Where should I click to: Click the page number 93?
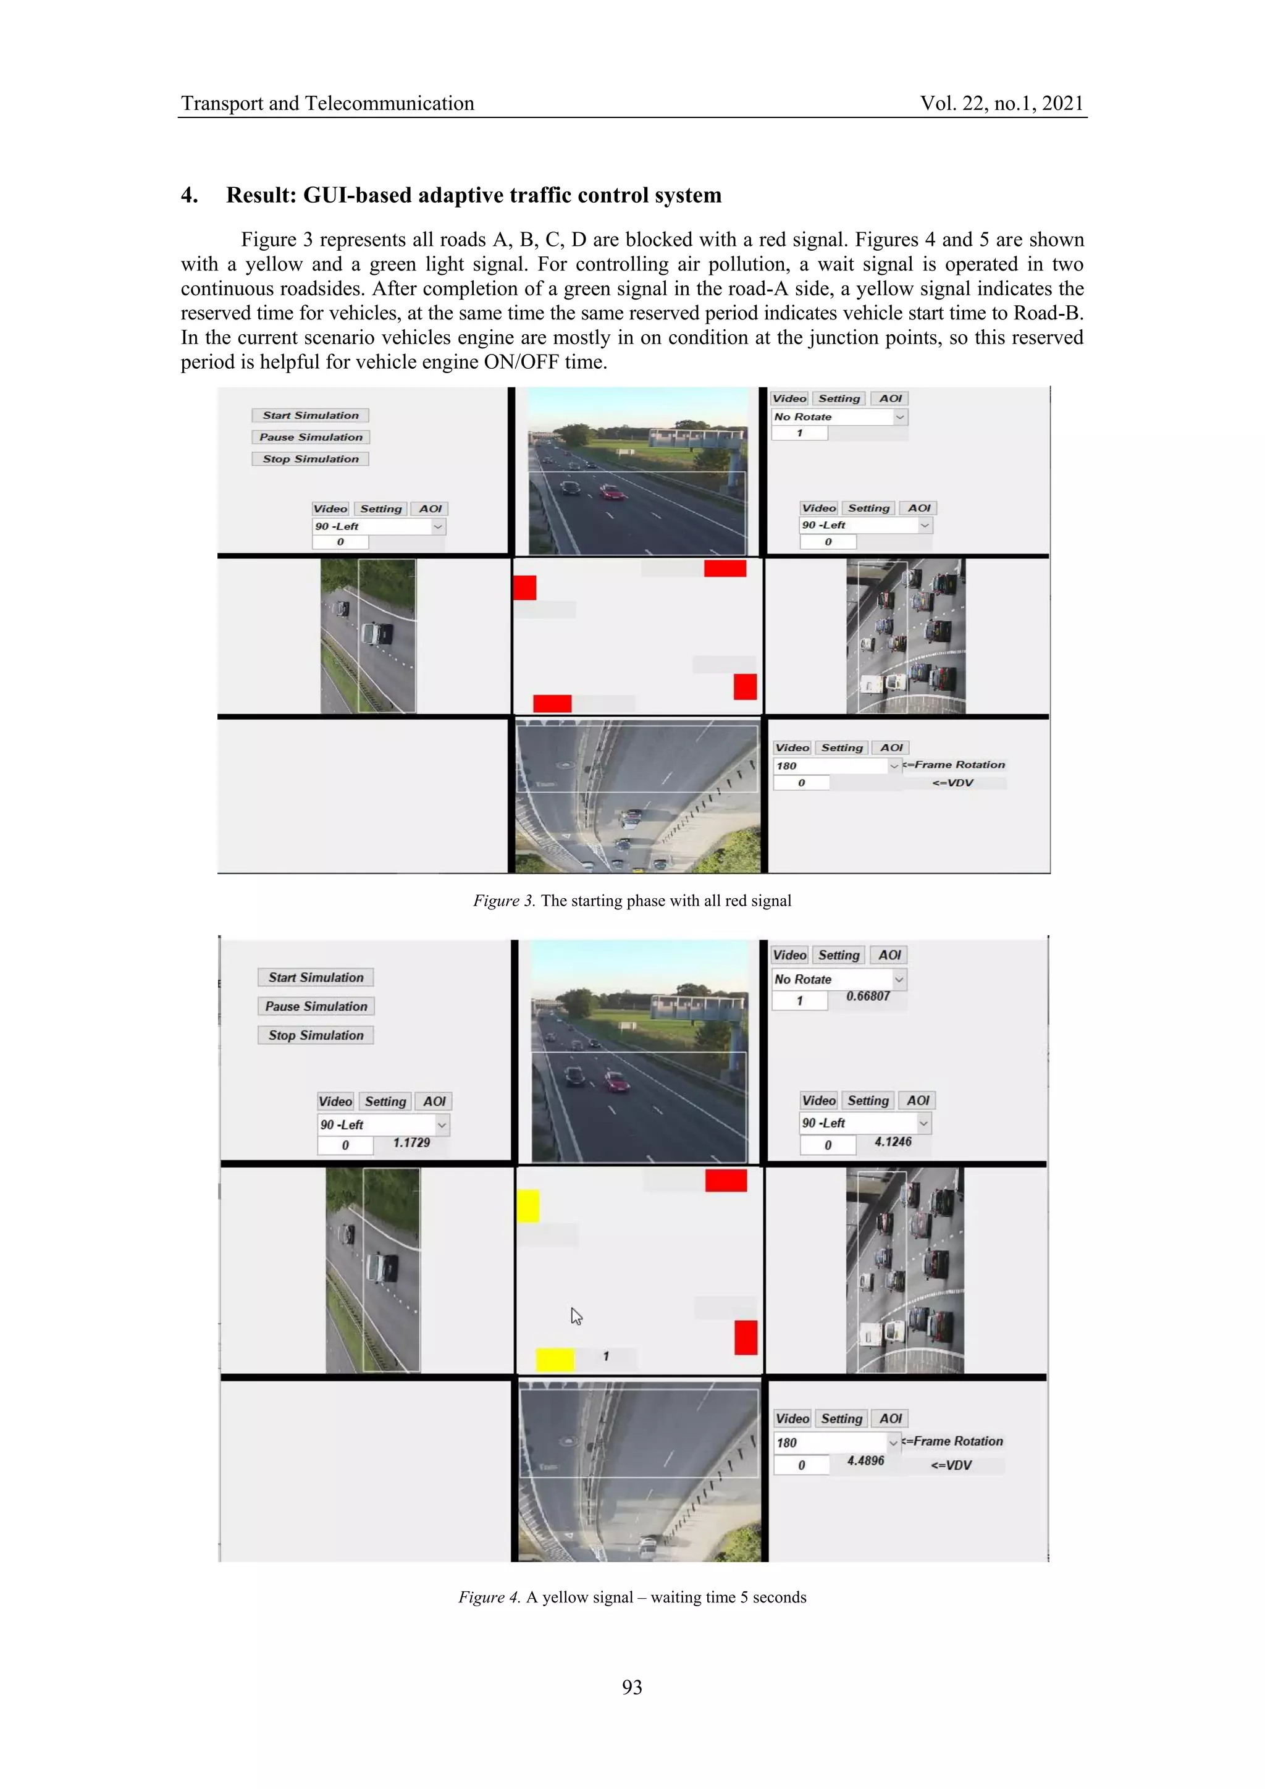click(x=632, y=1687)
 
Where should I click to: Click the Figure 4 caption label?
click(x=489, y=1597)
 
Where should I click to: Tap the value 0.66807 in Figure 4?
click(x=868, y=996)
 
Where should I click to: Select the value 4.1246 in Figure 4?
click(x=893, y=1142)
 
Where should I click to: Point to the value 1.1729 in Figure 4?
click(x=411, y=1142)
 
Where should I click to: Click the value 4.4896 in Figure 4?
click(x=865, y=1460)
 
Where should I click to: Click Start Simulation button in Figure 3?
click(x=310, y=415)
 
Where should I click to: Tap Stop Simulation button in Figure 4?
click(x=316, y=1035)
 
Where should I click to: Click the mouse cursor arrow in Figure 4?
click(x=576, y=1316)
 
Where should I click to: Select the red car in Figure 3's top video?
click(x=612, y=492)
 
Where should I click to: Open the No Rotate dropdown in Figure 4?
click(x=839, y=979)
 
